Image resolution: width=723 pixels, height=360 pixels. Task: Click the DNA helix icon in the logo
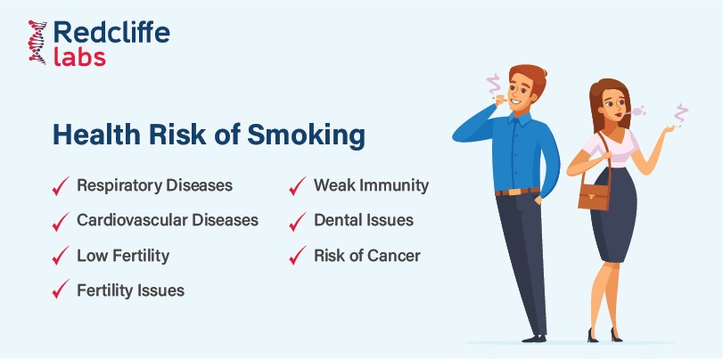point(37,42)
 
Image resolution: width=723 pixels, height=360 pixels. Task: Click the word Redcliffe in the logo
point(111,34)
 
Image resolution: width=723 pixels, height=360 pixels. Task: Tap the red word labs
point(79,57)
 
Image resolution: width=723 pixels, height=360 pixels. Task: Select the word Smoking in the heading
point(306,135)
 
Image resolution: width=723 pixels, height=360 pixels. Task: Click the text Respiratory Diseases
point(154,185)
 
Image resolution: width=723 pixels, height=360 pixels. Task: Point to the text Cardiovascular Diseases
point(168,220)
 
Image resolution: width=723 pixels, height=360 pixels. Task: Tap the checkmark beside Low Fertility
point(61,256)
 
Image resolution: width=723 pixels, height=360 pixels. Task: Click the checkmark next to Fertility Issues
point(61,289)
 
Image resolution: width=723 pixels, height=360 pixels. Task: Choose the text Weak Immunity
point(371,185)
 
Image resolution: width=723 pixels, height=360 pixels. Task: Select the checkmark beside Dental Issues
point(298,221)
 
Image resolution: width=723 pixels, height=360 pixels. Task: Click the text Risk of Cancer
point(367,256)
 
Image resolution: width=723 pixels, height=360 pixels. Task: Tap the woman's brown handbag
point(594,194)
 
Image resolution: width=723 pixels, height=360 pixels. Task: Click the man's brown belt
point(517,192)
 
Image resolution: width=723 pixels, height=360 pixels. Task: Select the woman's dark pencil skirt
point(613,215)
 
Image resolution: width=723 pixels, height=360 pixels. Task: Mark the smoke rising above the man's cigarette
point(494,85)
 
